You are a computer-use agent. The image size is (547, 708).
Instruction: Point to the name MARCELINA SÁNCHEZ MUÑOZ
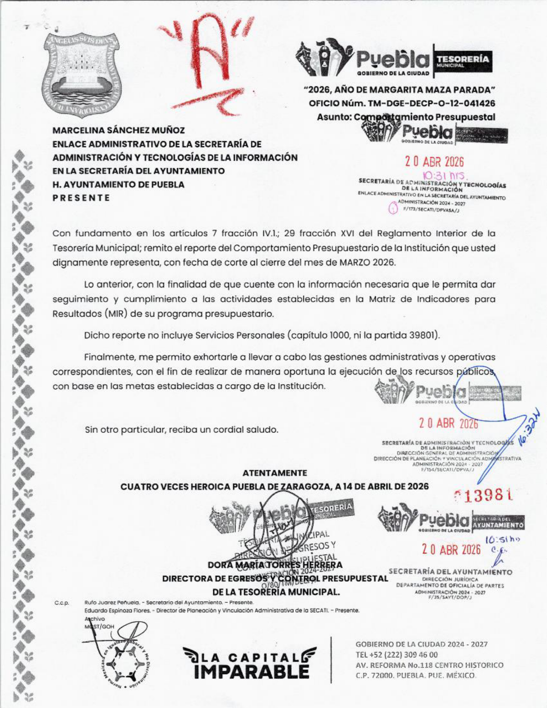pyautogui.click(x=118, y=130)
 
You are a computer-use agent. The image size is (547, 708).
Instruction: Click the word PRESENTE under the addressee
pyautogui.click(x=81, y=198)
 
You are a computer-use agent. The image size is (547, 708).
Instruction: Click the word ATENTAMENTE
pyautogui.click(x=275, y=473)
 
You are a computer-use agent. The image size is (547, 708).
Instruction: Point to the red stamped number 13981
pyautogui.click(x=484, y=496)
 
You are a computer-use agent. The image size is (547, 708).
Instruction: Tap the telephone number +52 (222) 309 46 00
pyautogui.click(x=396, y=655)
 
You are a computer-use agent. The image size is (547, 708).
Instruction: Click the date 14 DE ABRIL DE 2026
pyautogui.click(x=386, y=486)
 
